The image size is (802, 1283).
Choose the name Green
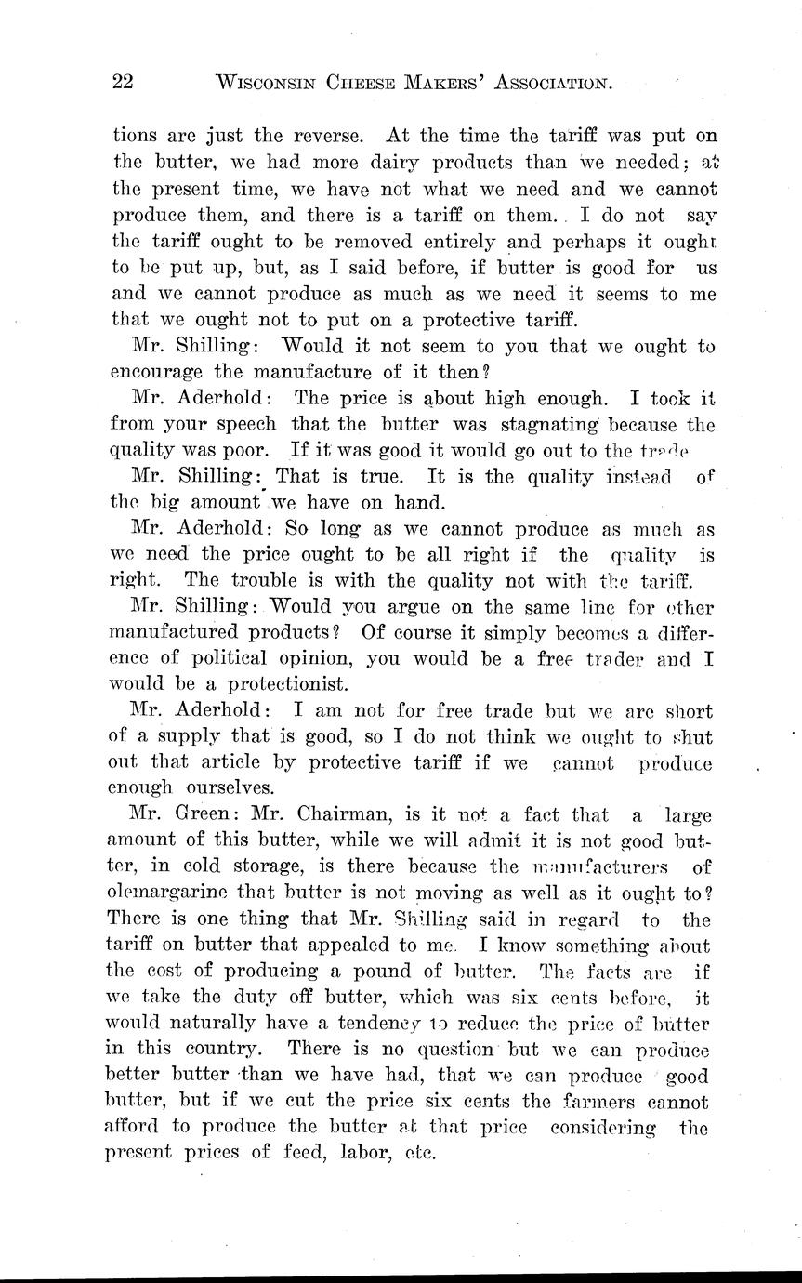(207, 816)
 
